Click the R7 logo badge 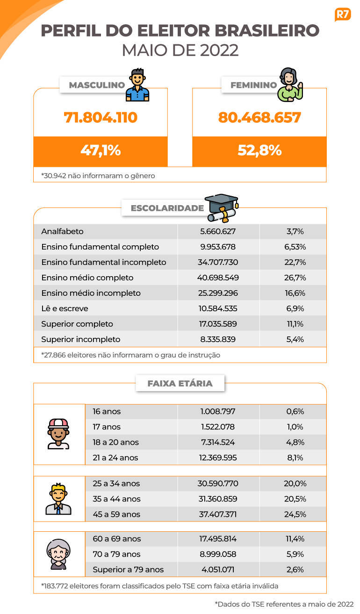tap(343, 14)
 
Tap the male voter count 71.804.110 tap(101, 117)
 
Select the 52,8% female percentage tap(259, 150)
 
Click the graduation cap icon tap(222, 208)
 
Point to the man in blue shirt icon tap(137, 85)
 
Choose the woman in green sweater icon tap(290, 85)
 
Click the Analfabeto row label tap(62, 231)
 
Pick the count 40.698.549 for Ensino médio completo tap(218, 278)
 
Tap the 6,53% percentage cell tap(295, 247)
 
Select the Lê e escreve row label tap(65, 308)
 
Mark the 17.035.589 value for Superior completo tap(218, 324)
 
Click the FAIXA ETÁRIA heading tap(180, 383)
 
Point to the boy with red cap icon tap(58, 434)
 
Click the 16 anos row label tap(107, 411)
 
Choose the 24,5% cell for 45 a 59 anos tap(295, 514)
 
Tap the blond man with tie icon tap(58, 499)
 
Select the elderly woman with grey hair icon tap(58, 555)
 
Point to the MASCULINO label tap(97, 85)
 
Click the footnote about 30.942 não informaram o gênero tap(98, 175)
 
